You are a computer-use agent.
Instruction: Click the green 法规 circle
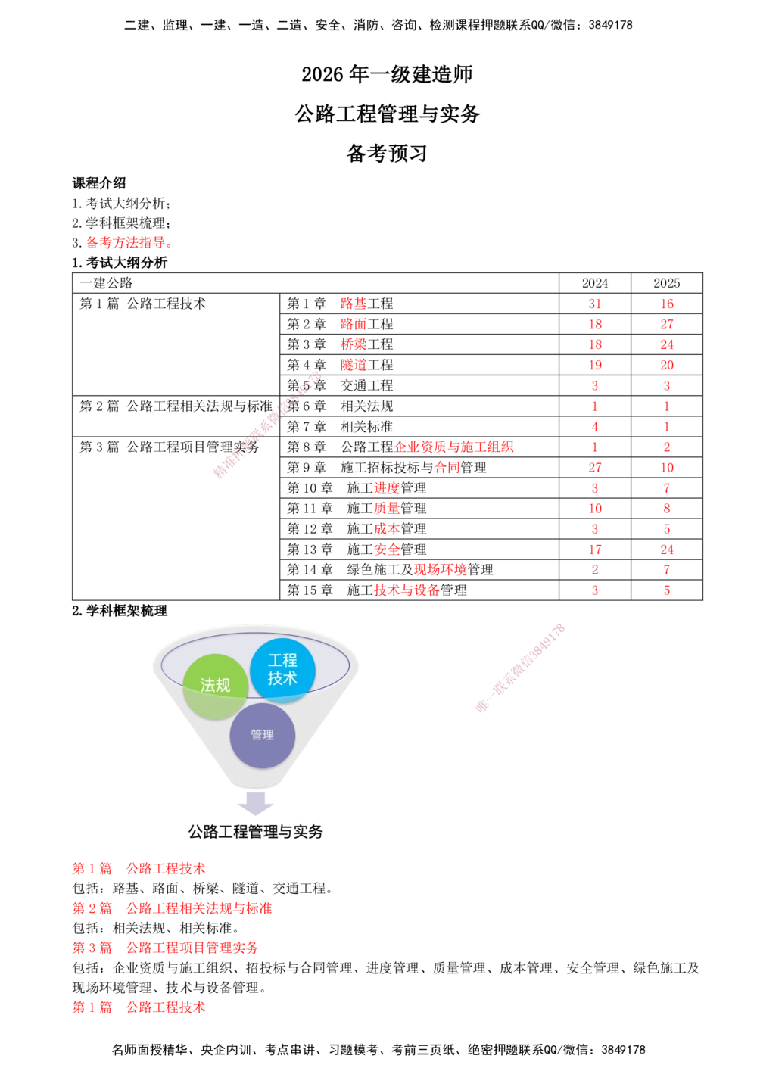tap(215, 686)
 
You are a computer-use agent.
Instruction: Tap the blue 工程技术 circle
tap(282, 670)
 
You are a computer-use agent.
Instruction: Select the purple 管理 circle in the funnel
tap(262, 735)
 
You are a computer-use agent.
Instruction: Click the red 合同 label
tap(447, 468)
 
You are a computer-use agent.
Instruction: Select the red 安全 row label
tap(387, 550)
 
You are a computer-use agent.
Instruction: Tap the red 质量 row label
tap(387, 509)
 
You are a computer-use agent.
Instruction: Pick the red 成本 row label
tap(387, 529)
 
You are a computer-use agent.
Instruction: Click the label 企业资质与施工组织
tap(454, 447)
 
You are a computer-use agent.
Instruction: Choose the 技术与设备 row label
tap(407, 590)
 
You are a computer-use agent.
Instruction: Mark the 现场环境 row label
tap(440, 570)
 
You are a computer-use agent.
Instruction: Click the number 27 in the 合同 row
tap(595, 468)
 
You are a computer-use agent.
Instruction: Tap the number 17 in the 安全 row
tap(595, 550)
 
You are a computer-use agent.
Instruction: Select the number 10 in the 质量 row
tap(595, 509)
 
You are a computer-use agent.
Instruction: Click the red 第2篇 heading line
tap(171, 908)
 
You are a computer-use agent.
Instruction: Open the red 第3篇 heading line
tap(165, 947)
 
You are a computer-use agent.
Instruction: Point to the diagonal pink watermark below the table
tap(520, 668)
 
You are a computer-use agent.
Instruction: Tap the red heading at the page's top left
tap(127, 244)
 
